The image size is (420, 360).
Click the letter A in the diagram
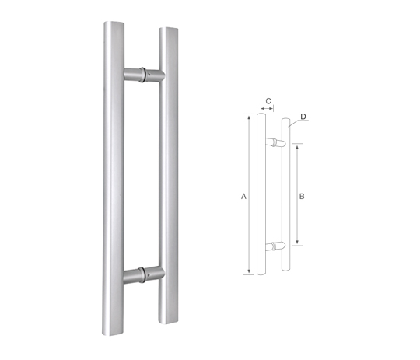coord(243,197)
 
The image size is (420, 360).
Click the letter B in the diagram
coord(302,197)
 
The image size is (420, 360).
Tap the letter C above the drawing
coord(268,101)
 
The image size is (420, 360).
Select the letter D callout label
coord(303,117)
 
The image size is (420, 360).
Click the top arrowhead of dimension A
coord(250,117)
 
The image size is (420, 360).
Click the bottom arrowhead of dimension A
coord(250,271)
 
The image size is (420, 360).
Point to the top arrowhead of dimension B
coord(297,146)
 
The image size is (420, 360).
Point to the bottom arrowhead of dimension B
coord(297,243)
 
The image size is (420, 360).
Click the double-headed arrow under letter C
coord(267,109)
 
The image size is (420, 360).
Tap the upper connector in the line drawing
coord(275,142)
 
